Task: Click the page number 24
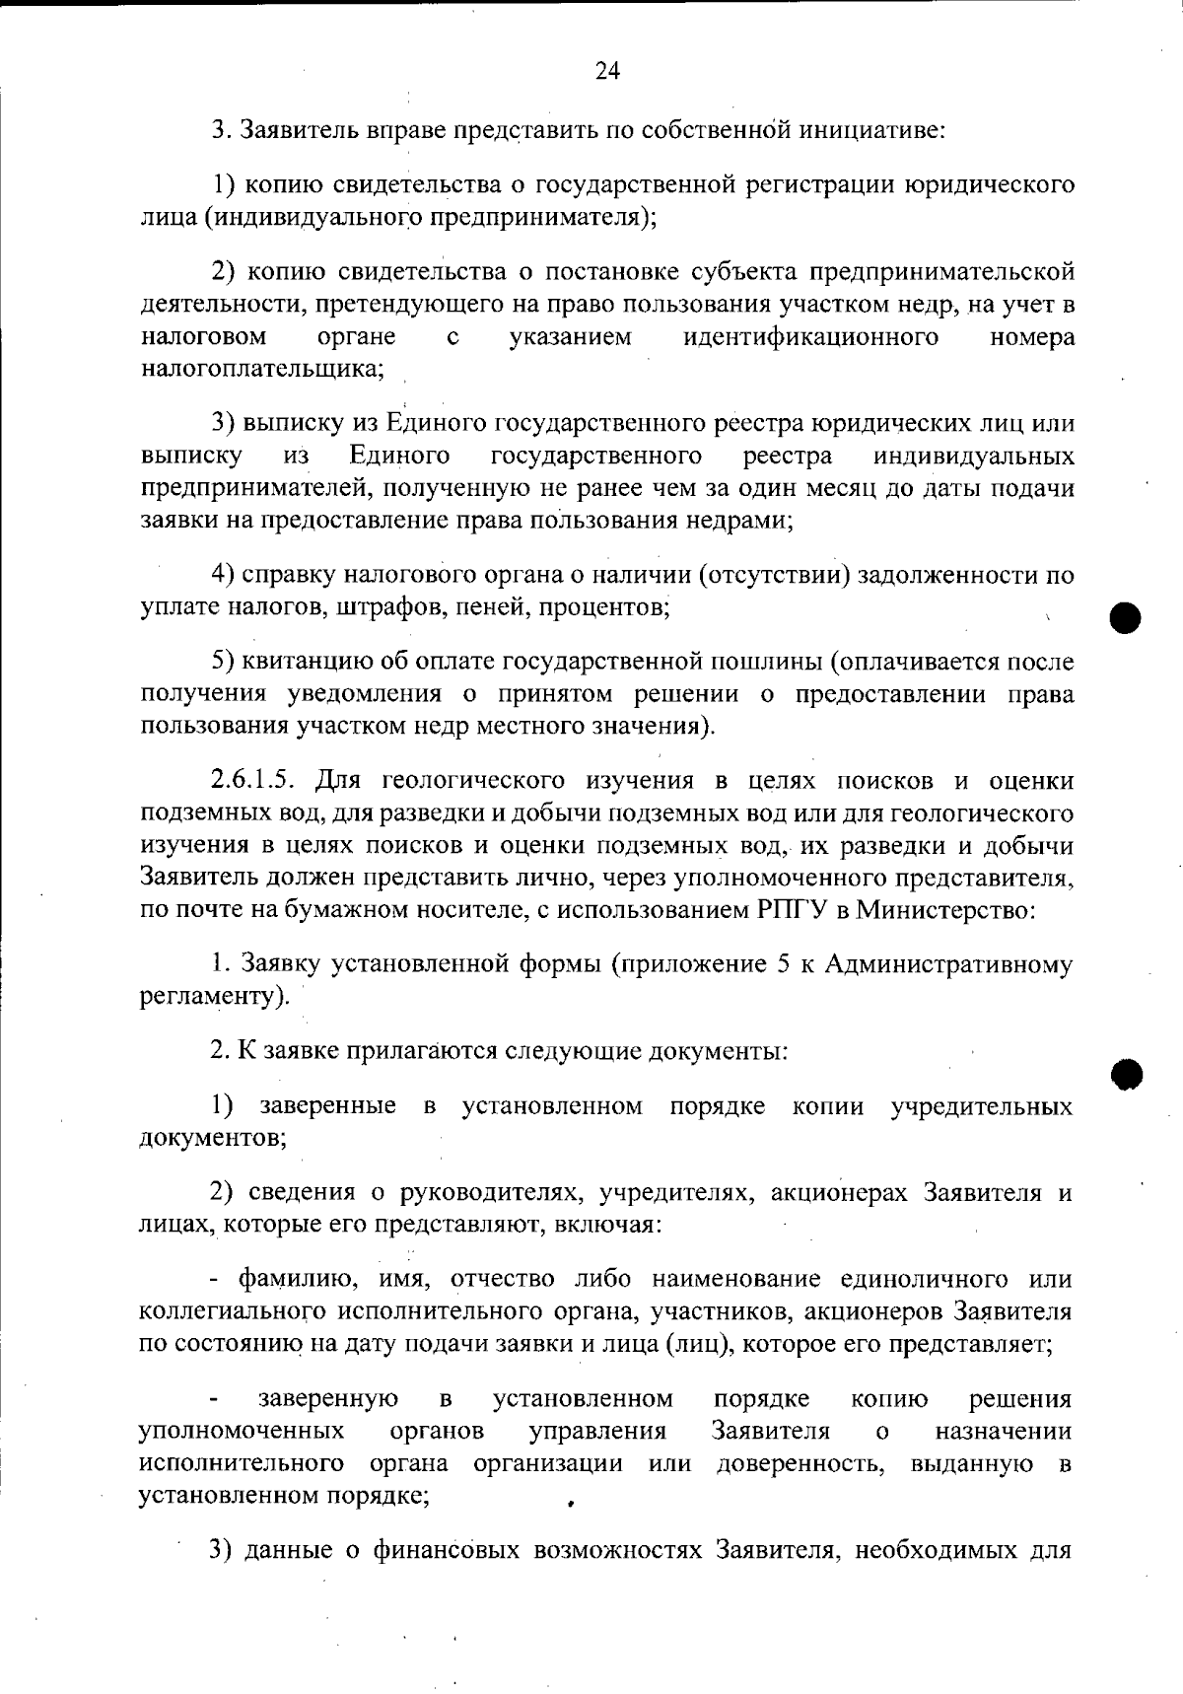coord(607,70)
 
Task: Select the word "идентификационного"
coord(810,338)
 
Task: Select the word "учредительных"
coord(982,1106)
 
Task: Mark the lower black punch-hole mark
coord(1124,1074)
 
